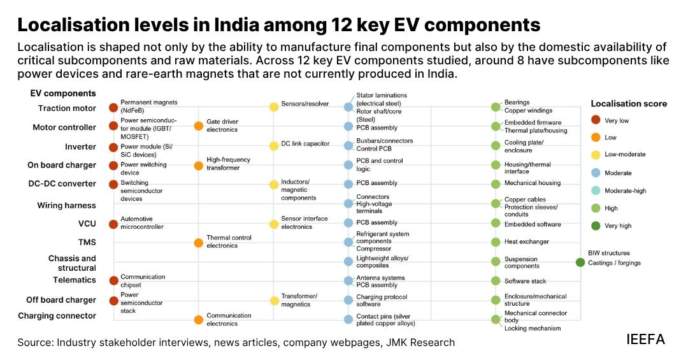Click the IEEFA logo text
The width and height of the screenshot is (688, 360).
click(x=645, y=340)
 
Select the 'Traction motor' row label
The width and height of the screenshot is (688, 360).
click(x=67, y=108)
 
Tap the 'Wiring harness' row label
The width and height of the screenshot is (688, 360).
click(x=66, y=205)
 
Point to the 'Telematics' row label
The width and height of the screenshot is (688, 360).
click(x=74, y=280)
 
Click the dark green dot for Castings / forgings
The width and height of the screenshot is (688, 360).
click(x=580, y=263)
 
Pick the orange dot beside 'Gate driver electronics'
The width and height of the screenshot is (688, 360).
click(x=198, y=126)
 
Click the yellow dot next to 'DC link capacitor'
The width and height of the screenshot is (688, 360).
click(x=274, y=146)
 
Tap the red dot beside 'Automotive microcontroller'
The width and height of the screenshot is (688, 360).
click(x=113, y=224)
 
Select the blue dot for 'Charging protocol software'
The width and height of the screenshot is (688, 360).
click(x=348, y=300)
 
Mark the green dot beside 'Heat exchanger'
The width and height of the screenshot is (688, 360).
click(x=496, y=242)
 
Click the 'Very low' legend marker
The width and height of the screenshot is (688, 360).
click(x=596, y=120)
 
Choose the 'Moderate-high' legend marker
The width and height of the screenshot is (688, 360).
click(x=596, y=191)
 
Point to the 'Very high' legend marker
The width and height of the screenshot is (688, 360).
click(x=596, y=226)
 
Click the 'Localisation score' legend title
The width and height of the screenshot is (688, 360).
click(x=629, y=104)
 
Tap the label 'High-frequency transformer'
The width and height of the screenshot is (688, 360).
click(x=228, y=164)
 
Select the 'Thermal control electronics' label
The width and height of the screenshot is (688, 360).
click(x=229, y=241)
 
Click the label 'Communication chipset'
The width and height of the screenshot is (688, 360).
click(x=143, y=281)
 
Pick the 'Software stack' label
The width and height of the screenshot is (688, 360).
click(x=525, y=281)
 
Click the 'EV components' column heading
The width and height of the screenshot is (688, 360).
click(x=62, y=93)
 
